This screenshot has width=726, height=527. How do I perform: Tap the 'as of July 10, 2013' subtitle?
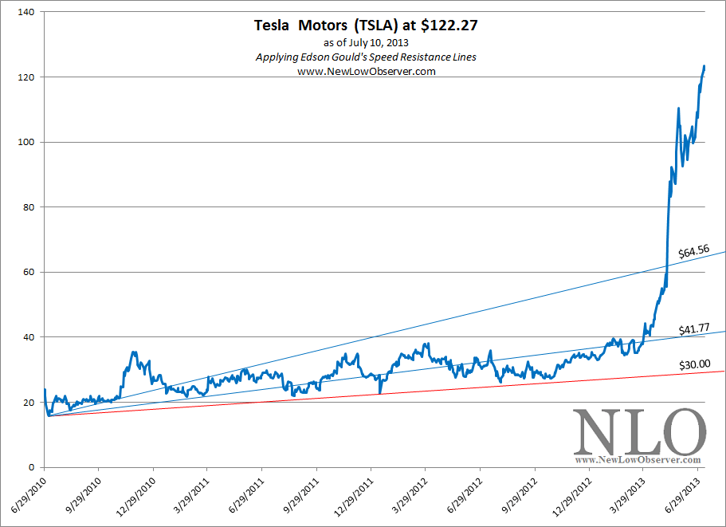tap(366, 42)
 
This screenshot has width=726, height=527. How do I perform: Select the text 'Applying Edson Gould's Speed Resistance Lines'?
tap(366, 57)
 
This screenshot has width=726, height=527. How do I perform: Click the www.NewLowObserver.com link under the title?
tap(366, 71)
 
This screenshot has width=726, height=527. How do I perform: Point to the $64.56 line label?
tap(693, 252)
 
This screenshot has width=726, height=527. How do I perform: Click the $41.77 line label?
tap(693, 328)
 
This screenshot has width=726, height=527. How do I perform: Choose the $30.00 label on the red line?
tap(693, 364)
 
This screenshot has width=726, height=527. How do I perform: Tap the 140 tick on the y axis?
tap(29, 13)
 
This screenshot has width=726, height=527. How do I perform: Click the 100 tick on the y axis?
tap(29, 143)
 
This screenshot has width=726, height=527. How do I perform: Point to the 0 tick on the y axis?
tap(34, 467)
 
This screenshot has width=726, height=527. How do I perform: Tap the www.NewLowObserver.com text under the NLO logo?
tap(638, 460)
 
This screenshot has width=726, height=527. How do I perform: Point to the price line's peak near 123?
tap(704, 66)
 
